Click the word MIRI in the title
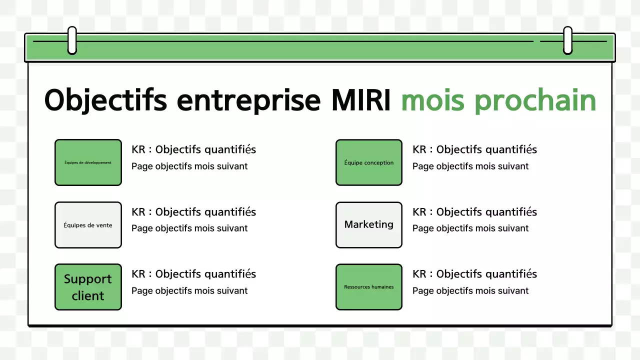click(360, 100)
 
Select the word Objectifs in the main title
click(105, 100)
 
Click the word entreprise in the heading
click(248, 100)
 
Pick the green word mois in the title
click(433, 100)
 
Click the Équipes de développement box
click(88, 162)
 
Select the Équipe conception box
click(369, 162)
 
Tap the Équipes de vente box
click(88, 225)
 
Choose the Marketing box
click(369, 225)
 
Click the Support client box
click(88, 287)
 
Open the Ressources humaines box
click(369, 287)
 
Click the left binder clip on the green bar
click(72, 40)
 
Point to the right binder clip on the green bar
click(567, 40)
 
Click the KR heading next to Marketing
click(474, 212)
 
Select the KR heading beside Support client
click(193, 274)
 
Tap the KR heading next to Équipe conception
click(474, 149)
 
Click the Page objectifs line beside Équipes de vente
click(189, 228)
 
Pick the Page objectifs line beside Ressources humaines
click(470, 291)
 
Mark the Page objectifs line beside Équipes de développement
click(189, 166)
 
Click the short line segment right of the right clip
click(590, 41)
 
